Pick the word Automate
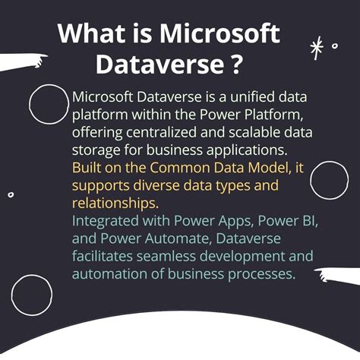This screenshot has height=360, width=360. pyautogui.click(x=152, y=238)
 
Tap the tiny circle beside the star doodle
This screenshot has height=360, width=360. pyautogui.click(x=335, y=46)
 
